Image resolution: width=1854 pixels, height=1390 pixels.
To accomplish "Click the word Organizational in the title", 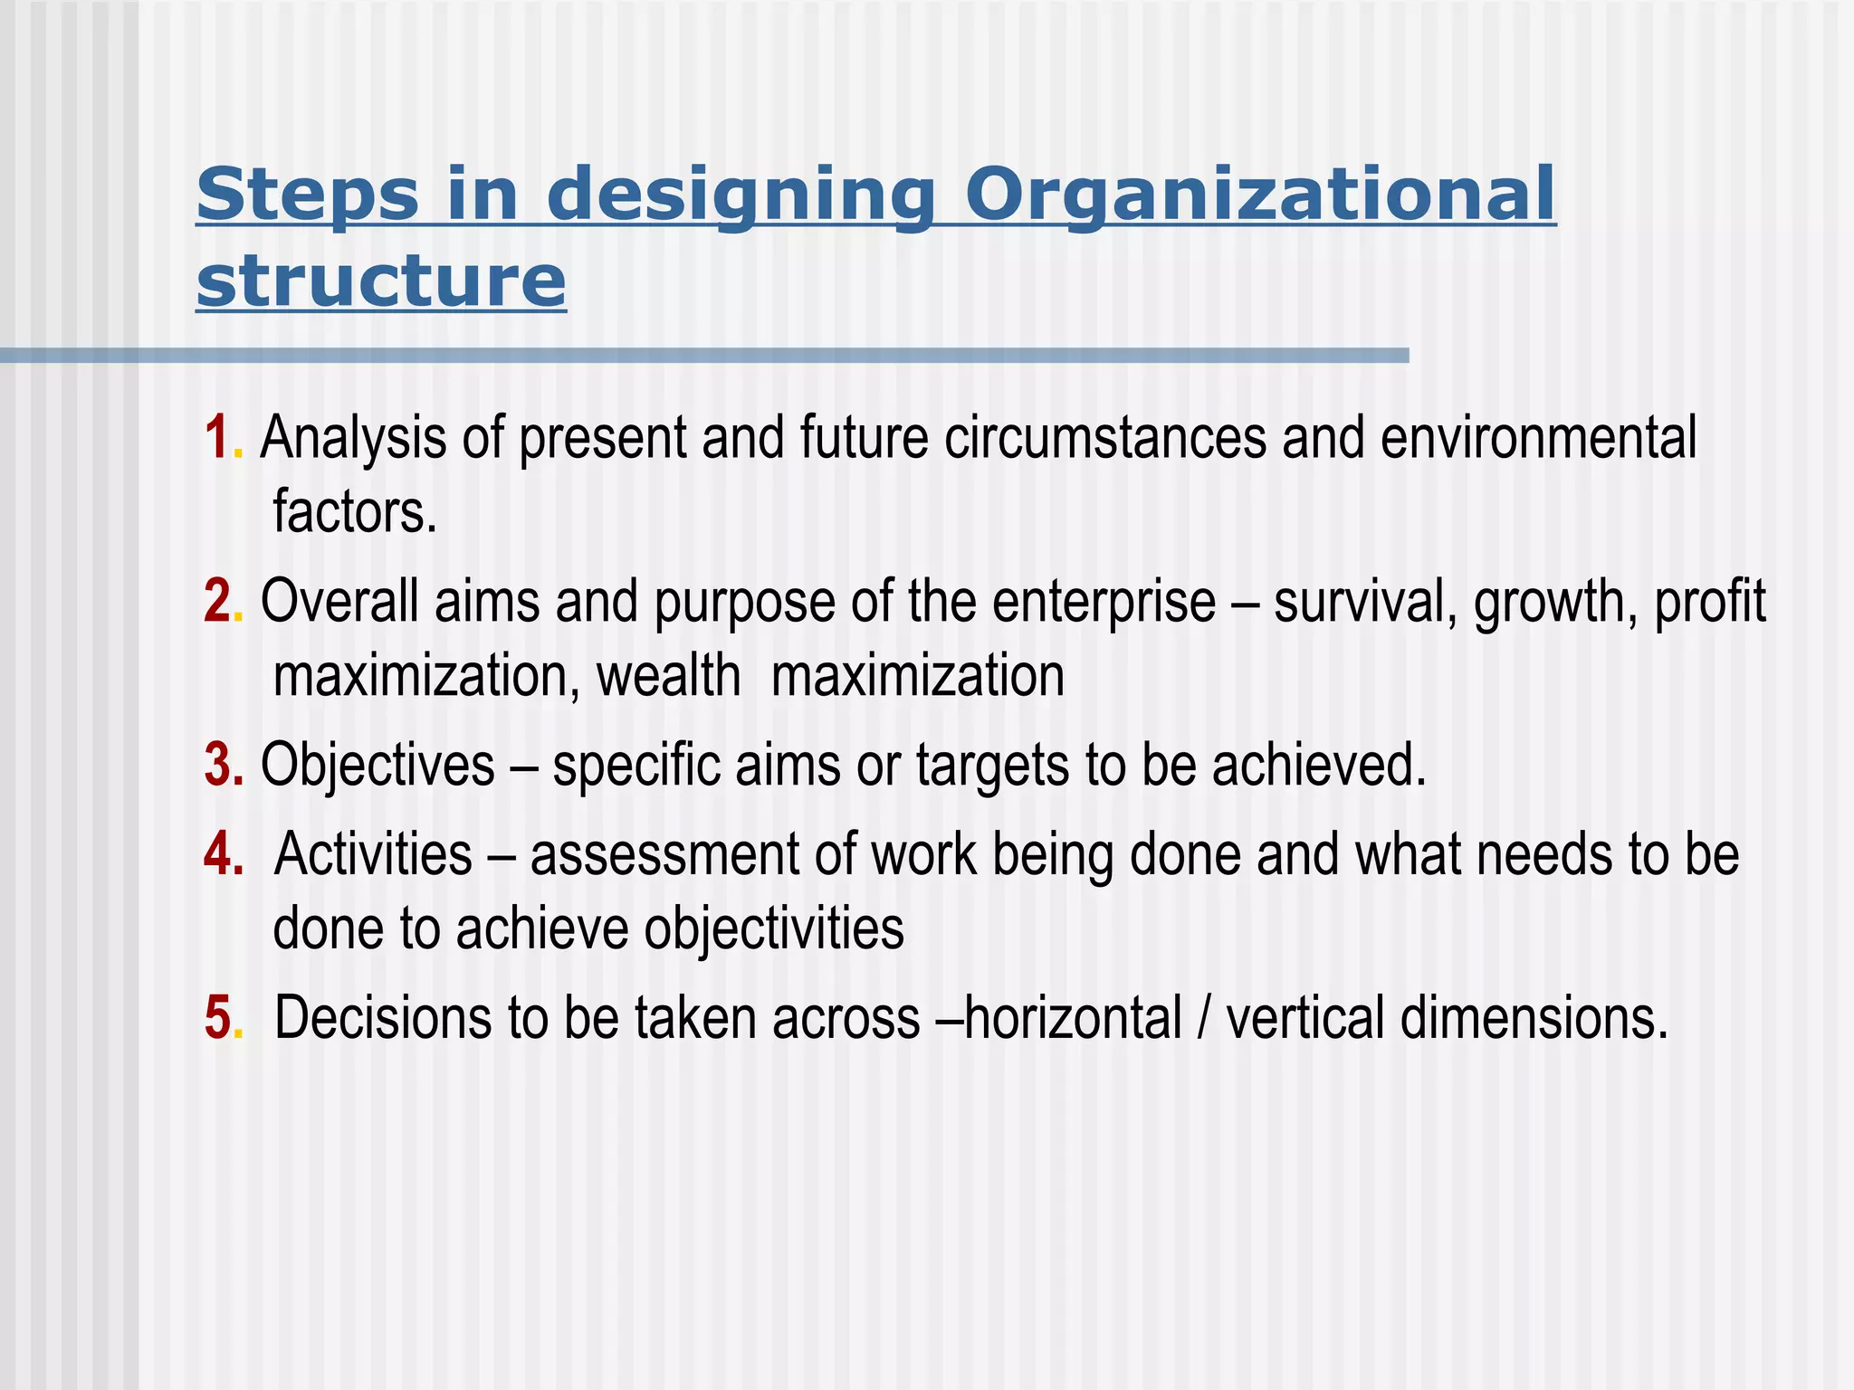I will pos(1259,195).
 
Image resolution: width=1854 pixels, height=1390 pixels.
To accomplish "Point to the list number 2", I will pos(217,602).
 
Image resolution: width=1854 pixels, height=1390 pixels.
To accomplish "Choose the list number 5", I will pos(217,1017).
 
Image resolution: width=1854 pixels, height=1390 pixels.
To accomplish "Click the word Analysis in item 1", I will pos(353,439).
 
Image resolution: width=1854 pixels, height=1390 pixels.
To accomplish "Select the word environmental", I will pos(1538,438).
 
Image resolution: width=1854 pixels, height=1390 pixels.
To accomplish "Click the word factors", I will pos(354,512).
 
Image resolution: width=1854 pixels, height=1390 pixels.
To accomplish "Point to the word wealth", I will pos(668,676).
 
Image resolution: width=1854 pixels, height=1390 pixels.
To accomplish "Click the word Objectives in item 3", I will pos(377,765).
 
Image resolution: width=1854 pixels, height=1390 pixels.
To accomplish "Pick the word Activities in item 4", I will pos(373,854).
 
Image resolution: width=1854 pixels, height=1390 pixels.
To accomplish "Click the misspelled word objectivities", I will pos(773,929).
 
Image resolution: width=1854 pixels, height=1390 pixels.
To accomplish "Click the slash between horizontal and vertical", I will pos(1203,1019).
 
